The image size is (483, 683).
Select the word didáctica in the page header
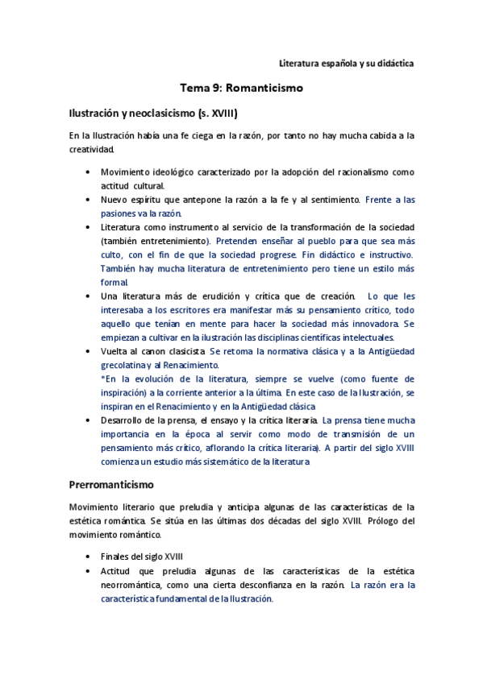coord(392,62)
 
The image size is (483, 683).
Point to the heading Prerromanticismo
coord(118,486)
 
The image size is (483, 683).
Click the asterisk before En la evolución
coord(103,379)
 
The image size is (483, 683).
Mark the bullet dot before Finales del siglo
coord(87,557)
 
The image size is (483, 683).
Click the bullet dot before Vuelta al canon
coord(87,351)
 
